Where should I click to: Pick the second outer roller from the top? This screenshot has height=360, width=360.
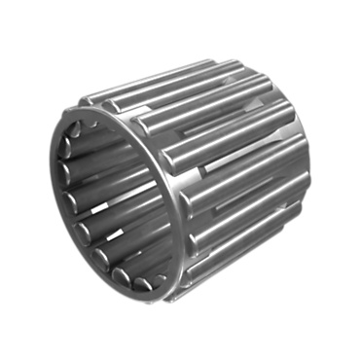coord(185,91)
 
